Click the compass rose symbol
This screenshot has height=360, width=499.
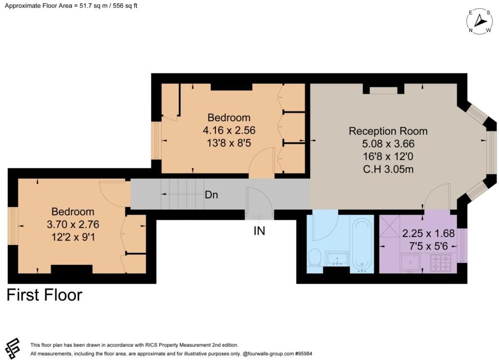[x=480, y=21]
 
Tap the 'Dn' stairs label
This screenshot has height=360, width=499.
[x=211, y=195]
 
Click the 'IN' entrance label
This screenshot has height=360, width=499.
[x=259, y=231]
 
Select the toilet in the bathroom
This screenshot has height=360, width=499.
[x=315, y=257]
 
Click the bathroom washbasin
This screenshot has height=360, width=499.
[x=337, y=258]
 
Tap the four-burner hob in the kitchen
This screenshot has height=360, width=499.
[x=441, y=263]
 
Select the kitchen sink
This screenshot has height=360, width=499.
[x=410, y=263]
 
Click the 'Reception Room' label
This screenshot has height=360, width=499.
[x=388, y=131]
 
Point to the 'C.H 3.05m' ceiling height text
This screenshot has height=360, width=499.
[x=388, y=169]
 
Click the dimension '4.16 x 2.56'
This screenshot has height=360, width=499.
[x=229, y=131]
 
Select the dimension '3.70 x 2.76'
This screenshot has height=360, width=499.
[x=73, y=225]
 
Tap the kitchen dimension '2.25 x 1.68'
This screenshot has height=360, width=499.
[x=428, y=233]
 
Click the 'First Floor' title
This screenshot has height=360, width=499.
[x=44, y=295]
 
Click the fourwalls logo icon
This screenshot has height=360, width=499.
[x=13, y=348]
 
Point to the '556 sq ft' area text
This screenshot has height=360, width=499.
[x=125, y=6]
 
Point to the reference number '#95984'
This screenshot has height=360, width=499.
[x=304, y=354]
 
